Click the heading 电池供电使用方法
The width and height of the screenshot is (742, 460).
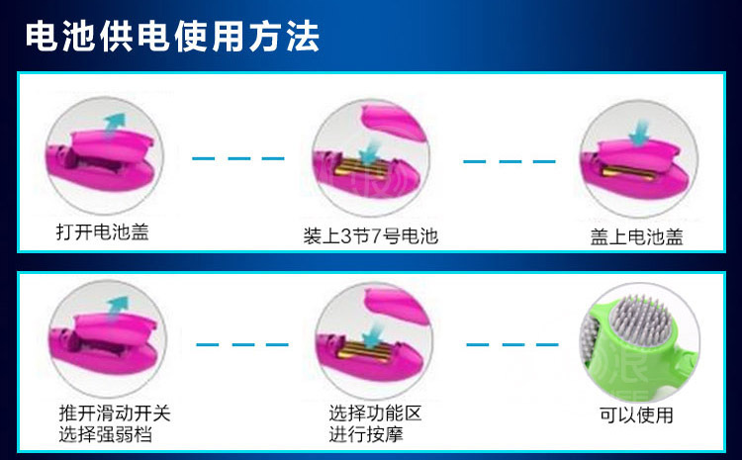[x=172, y=38]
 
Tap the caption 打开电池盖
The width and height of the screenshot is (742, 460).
[x=103, y=233]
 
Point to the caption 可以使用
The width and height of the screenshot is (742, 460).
[x=637, y=415]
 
